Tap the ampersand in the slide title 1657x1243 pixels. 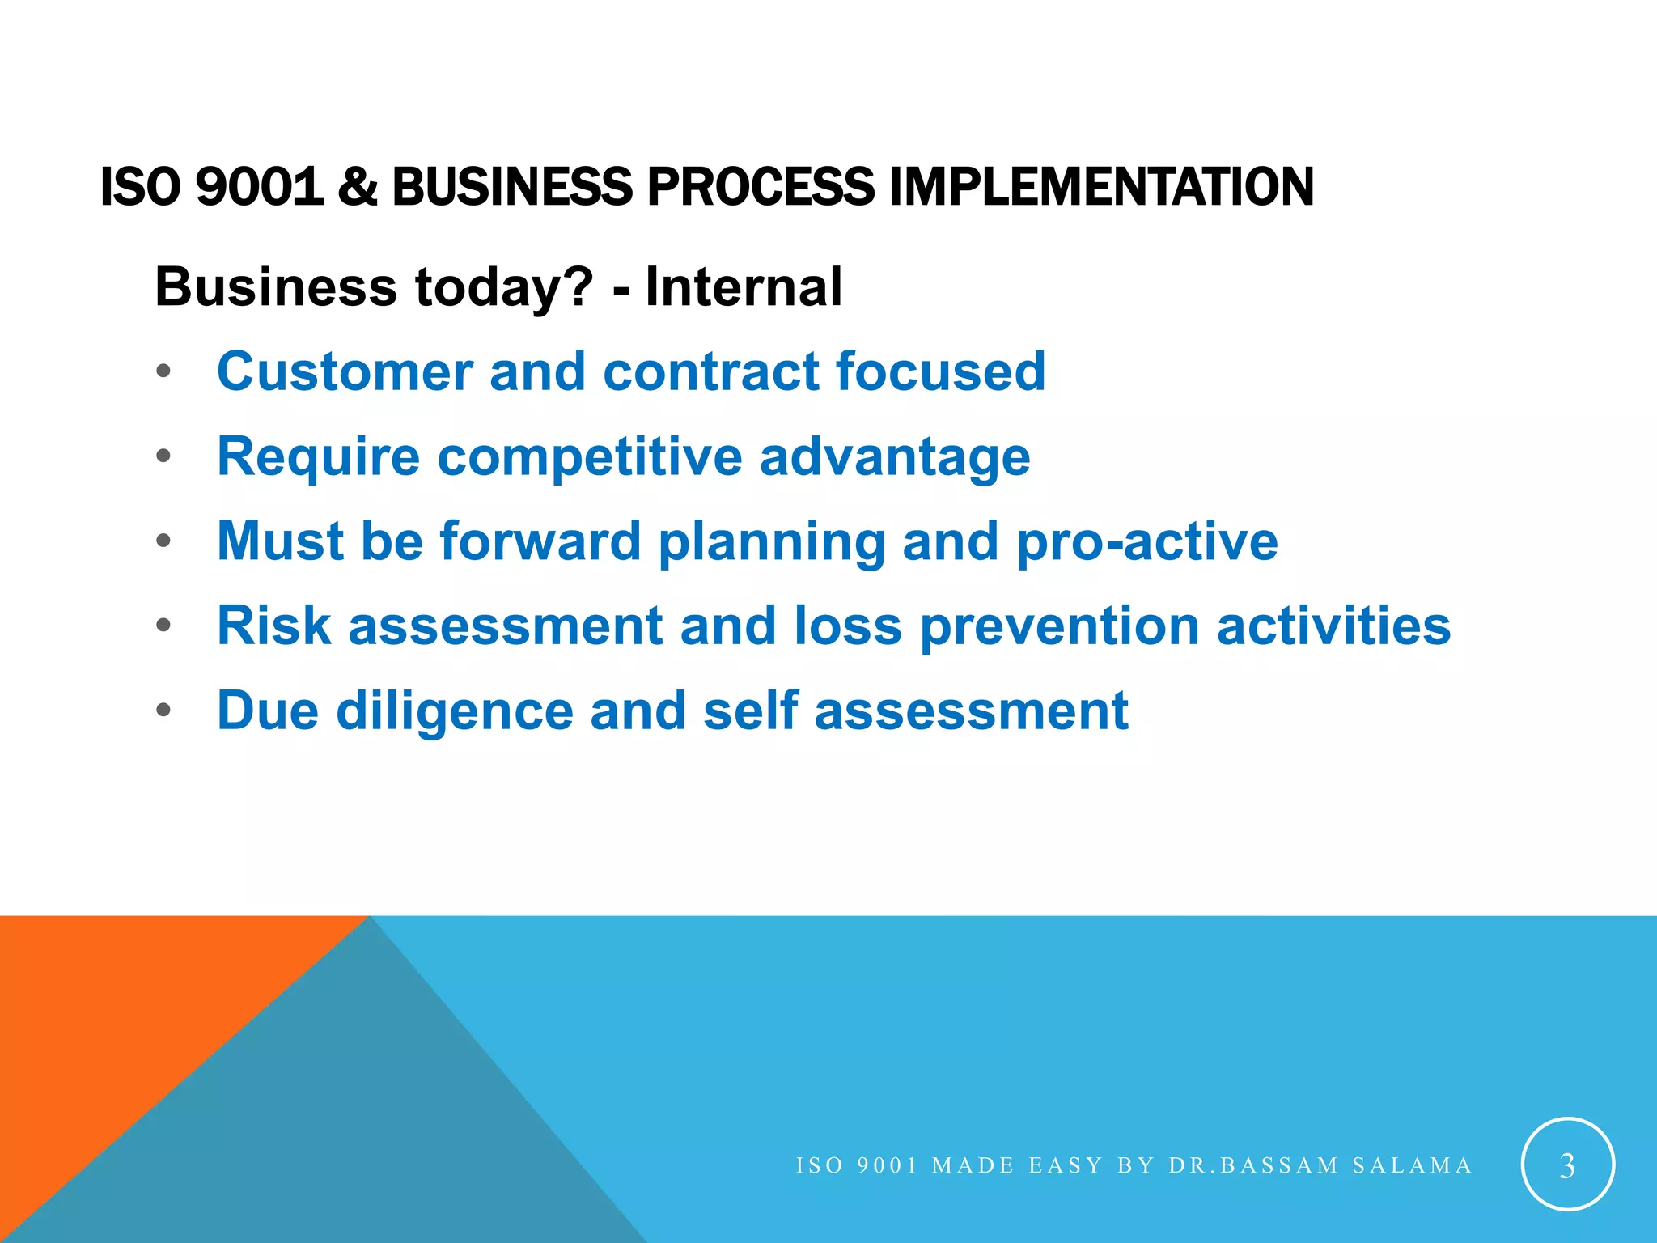pos(358,186)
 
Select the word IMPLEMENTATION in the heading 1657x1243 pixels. pos(1101,186)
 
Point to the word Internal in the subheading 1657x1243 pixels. pos(744,287)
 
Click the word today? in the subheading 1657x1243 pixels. pos(503,287)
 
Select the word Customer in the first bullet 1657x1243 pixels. pos(344,371)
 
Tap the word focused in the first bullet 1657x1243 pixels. pos(940,371)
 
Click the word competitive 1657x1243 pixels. pos(589,457)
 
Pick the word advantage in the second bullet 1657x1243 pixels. pos(895,457)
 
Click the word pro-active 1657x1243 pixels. pos(1146,541)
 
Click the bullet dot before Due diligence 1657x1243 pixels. pos(164,711)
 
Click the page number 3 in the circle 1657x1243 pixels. pos(1567,1165)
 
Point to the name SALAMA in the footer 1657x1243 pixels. pos(1412,1165)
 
